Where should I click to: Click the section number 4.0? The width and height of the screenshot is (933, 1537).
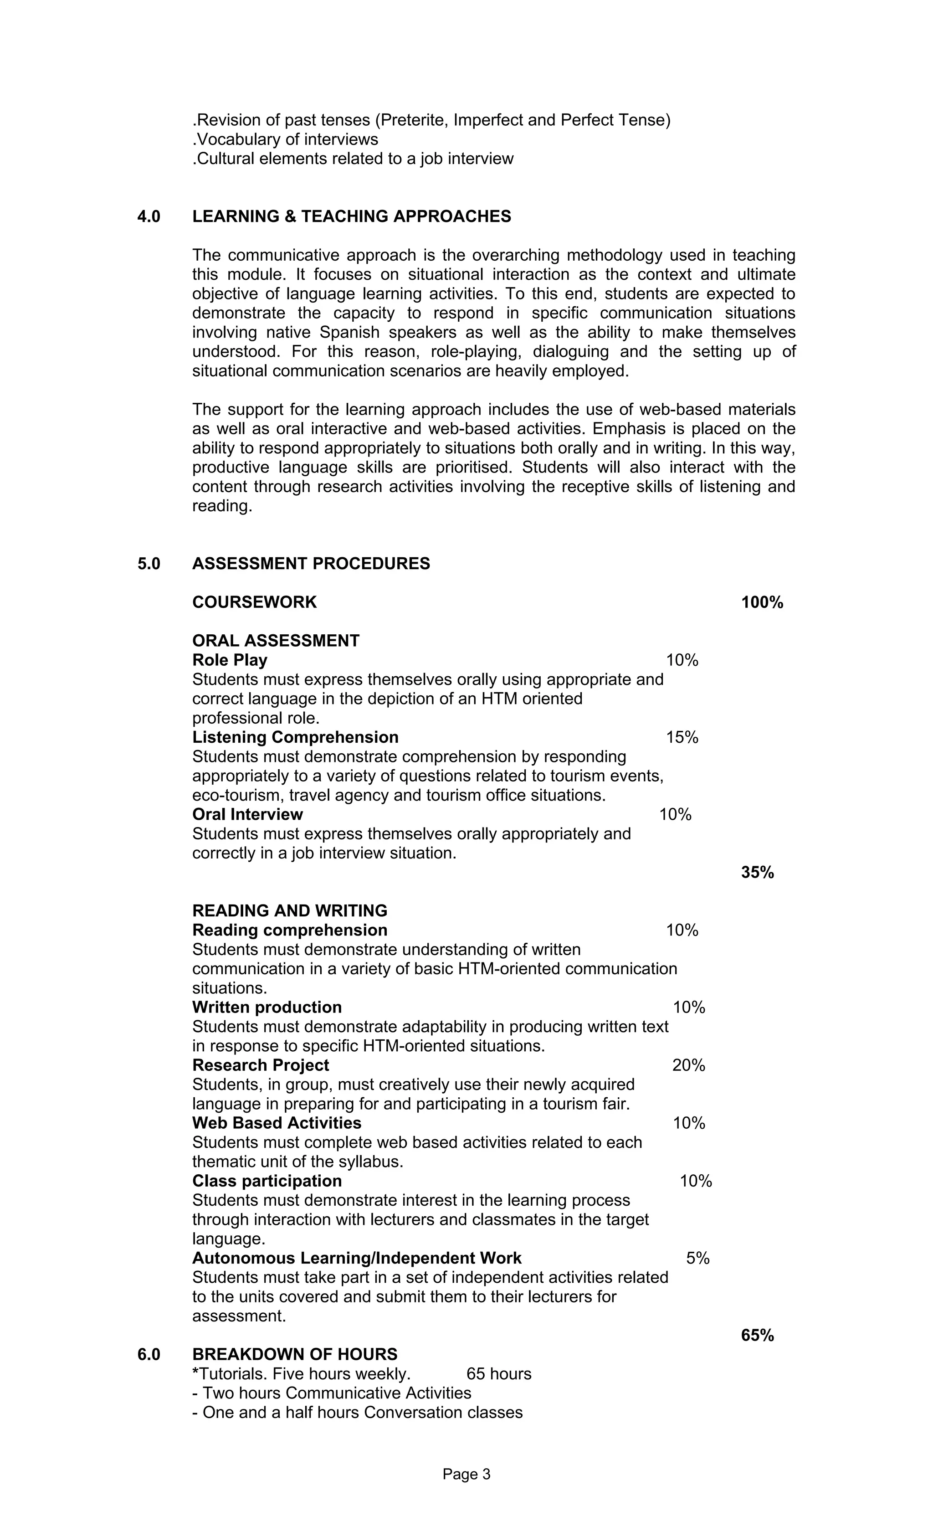[x=149, y=216]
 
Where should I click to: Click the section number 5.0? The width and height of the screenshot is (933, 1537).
[x=149, y=563]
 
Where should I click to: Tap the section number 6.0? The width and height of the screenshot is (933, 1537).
[x=149, y=1354]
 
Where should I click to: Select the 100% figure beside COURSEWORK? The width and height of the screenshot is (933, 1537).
[x=762, y=602]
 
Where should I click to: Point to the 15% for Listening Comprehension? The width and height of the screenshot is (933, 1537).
[x=682, y=737]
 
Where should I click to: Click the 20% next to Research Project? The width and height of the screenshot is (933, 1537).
[x=688, y=1065]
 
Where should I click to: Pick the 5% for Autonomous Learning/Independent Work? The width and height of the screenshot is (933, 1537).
[x=698, y=1258]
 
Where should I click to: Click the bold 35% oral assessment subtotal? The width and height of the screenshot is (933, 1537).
[x=757, y=872]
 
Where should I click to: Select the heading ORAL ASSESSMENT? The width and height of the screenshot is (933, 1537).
[x=276, y=641]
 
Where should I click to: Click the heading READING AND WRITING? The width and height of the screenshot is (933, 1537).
[x=289, y=911]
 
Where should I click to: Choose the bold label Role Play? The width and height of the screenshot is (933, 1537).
[x=230, y=660]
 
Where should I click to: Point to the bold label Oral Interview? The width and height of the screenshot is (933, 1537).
[x=247, y=814]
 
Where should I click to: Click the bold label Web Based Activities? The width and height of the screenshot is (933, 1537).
[x=276, y=1123]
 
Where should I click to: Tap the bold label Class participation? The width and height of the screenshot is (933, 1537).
[x=267, y=1181]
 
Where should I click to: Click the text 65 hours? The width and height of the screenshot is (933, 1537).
[x=498, y=1373]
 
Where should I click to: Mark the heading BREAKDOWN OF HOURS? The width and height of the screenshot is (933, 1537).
[x=294, y=1354]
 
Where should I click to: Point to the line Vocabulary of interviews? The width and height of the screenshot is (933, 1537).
[x=286, y=139]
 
